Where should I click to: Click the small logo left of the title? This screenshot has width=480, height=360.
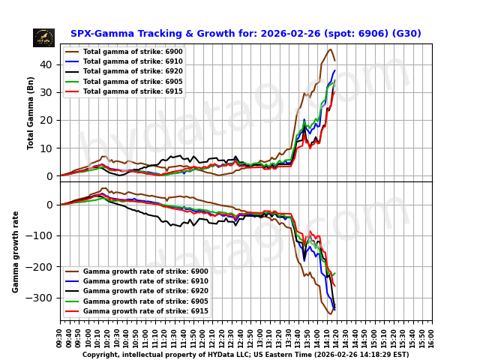coord(43,37)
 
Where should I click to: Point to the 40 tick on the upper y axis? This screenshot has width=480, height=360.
coord(49,64)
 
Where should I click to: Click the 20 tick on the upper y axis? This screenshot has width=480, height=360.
coord(49,120)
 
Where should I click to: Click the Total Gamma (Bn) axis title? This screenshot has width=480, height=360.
coord(31,112)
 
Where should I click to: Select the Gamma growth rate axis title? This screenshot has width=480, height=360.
coord(16,251)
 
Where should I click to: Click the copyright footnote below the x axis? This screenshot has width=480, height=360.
coord(245,355)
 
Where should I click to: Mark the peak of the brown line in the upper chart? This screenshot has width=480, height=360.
coord(330,49)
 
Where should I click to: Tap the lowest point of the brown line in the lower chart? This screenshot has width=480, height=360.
coord(328,314)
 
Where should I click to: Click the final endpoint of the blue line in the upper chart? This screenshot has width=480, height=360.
coord(334,70)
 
